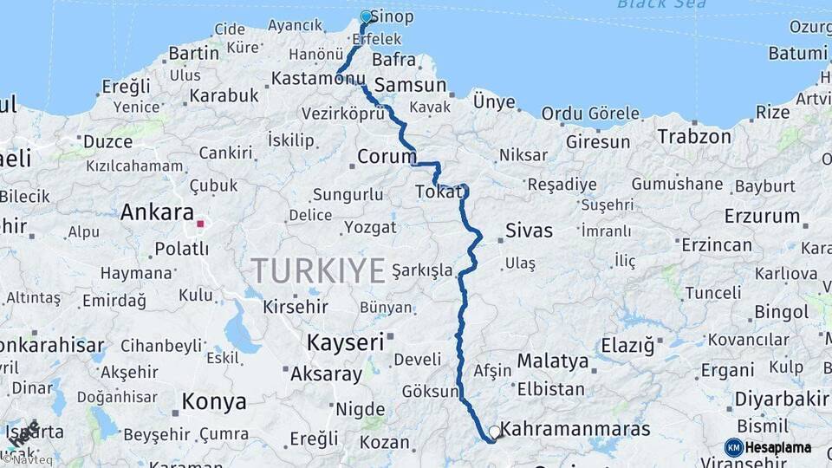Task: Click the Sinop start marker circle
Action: [366, 16]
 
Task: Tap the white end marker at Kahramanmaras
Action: [494, 431]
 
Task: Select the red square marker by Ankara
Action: [200, 224]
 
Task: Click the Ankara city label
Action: [157, 212]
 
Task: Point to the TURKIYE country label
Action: [318, 271]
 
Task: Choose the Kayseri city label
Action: [345, 342]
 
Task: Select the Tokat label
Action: [435, 192]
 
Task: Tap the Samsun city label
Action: [410, 86]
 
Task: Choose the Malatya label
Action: [552, 361]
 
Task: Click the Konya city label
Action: [214, 402]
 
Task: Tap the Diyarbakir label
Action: [782, 400]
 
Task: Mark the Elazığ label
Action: [627, 347]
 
